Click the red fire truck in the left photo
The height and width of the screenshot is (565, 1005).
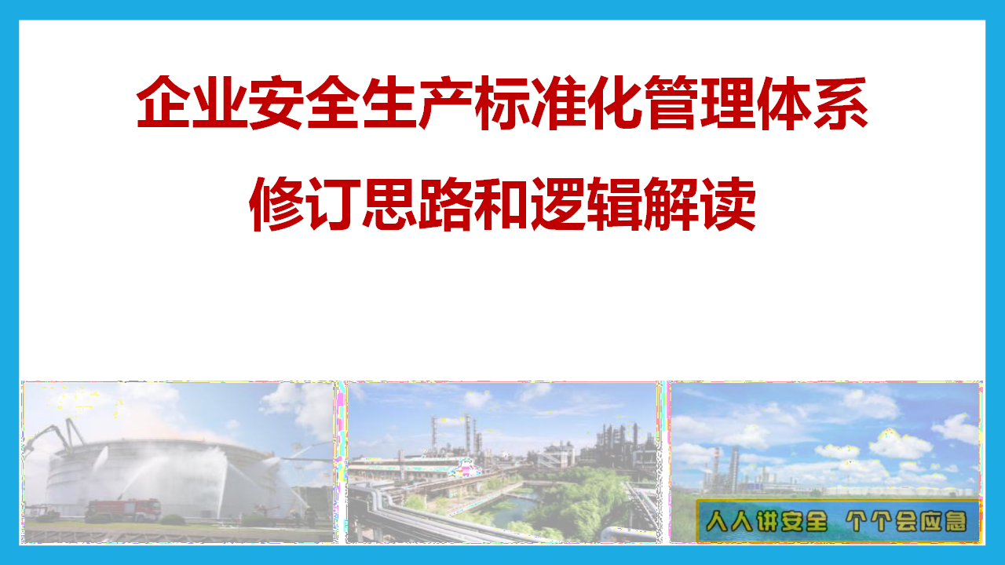tap(122, 509)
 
